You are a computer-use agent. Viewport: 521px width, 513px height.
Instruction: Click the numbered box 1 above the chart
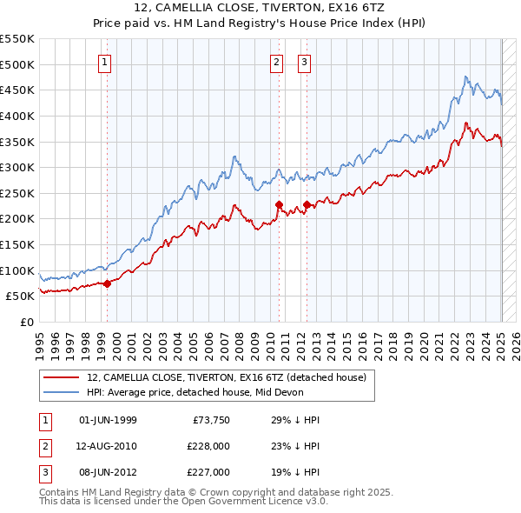point(105,62)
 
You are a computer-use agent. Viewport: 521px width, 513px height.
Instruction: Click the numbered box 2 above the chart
point(276,62)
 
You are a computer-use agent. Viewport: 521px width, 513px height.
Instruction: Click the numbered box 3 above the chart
point(305,62)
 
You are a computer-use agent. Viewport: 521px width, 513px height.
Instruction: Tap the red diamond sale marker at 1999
point(107,283)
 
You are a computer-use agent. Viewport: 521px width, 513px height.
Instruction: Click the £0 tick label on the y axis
point(27,322)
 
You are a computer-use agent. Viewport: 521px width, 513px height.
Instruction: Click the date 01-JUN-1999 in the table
point(108,420)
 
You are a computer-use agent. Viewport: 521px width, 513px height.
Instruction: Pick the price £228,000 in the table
point(208,446)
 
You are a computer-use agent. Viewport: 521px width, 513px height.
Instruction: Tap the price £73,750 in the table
point(211,420)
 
